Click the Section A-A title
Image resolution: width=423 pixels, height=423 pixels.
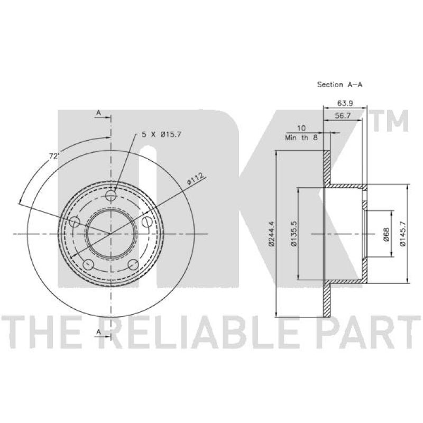tap(339, 85)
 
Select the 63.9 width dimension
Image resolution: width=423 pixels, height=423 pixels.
tap(345, 103)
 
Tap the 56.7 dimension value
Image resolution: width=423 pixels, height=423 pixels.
tap(342, 116)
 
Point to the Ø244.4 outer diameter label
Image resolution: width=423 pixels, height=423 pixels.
tap(271, 234)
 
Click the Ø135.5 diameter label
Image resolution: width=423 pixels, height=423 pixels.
tap(294, 234)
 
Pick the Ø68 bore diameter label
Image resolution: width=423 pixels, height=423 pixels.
tap(386, 234)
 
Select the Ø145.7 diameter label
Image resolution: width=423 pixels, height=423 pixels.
tap(403, 234)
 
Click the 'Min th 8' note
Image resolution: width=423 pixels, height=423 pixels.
tap(301, 137)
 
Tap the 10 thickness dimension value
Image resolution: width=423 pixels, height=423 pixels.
tap(301, 128)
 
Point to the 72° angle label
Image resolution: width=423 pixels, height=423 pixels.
tap(54, 156)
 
